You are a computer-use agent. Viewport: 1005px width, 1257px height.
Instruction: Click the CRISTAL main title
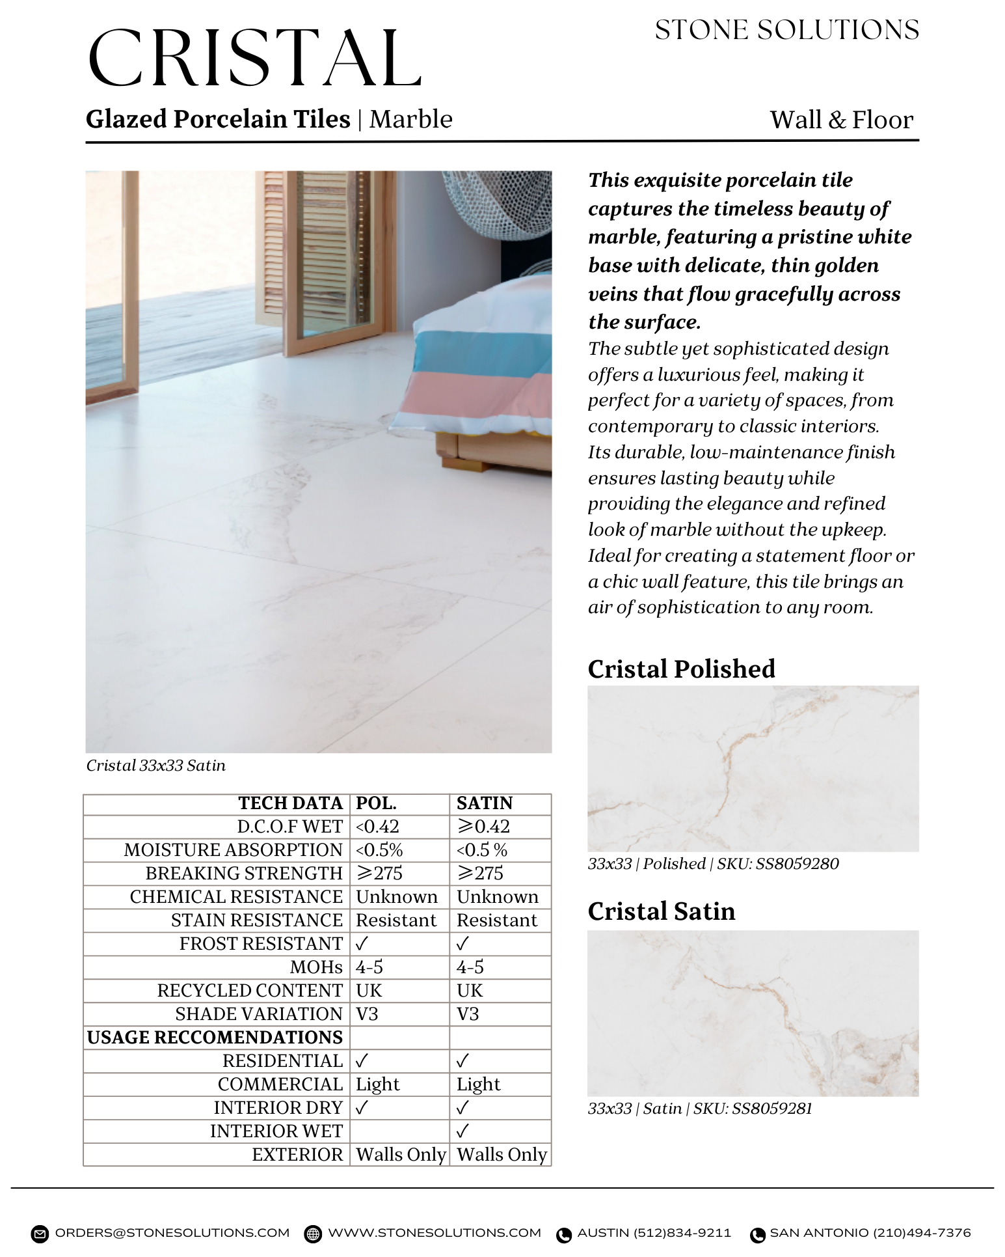point(255,59)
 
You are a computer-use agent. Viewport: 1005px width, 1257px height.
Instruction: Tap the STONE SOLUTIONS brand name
point(786,31)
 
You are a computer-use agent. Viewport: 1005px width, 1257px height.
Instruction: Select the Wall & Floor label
point(841,120)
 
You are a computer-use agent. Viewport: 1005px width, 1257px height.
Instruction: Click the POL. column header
point(376,803)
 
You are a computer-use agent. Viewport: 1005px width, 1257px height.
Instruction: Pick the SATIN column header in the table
point(485,803)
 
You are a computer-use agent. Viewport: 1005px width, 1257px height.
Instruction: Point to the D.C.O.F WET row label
point(289,827)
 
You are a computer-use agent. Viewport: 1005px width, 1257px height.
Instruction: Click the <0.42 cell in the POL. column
point(377,827)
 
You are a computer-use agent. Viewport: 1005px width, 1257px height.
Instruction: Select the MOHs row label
point(316,967)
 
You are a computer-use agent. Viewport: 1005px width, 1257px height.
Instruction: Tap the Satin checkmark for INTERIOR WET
point(462,1131)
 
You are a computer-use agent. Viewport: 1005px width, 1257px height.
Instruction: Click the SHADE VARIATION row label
point(258,1014)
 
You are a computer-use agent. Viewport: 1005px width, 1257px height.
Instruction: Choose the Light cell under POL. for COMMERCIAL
point(377,1084)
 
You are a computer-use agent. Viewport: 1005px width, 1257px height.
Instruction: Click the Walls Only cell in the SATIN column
point(502,1155)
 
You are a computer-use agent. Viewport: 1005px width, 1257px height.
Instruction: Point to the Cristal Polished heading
point(681,669)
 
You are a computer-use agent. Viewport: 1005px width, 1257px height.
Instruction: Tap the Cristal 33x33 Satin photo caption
point(156,766)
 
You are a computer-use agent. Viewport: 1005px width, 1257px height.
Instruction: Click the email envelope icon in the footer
point(40,1234)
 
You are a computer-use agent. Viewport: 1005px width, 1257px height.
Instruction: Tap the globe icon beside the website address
point(313,1234)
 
